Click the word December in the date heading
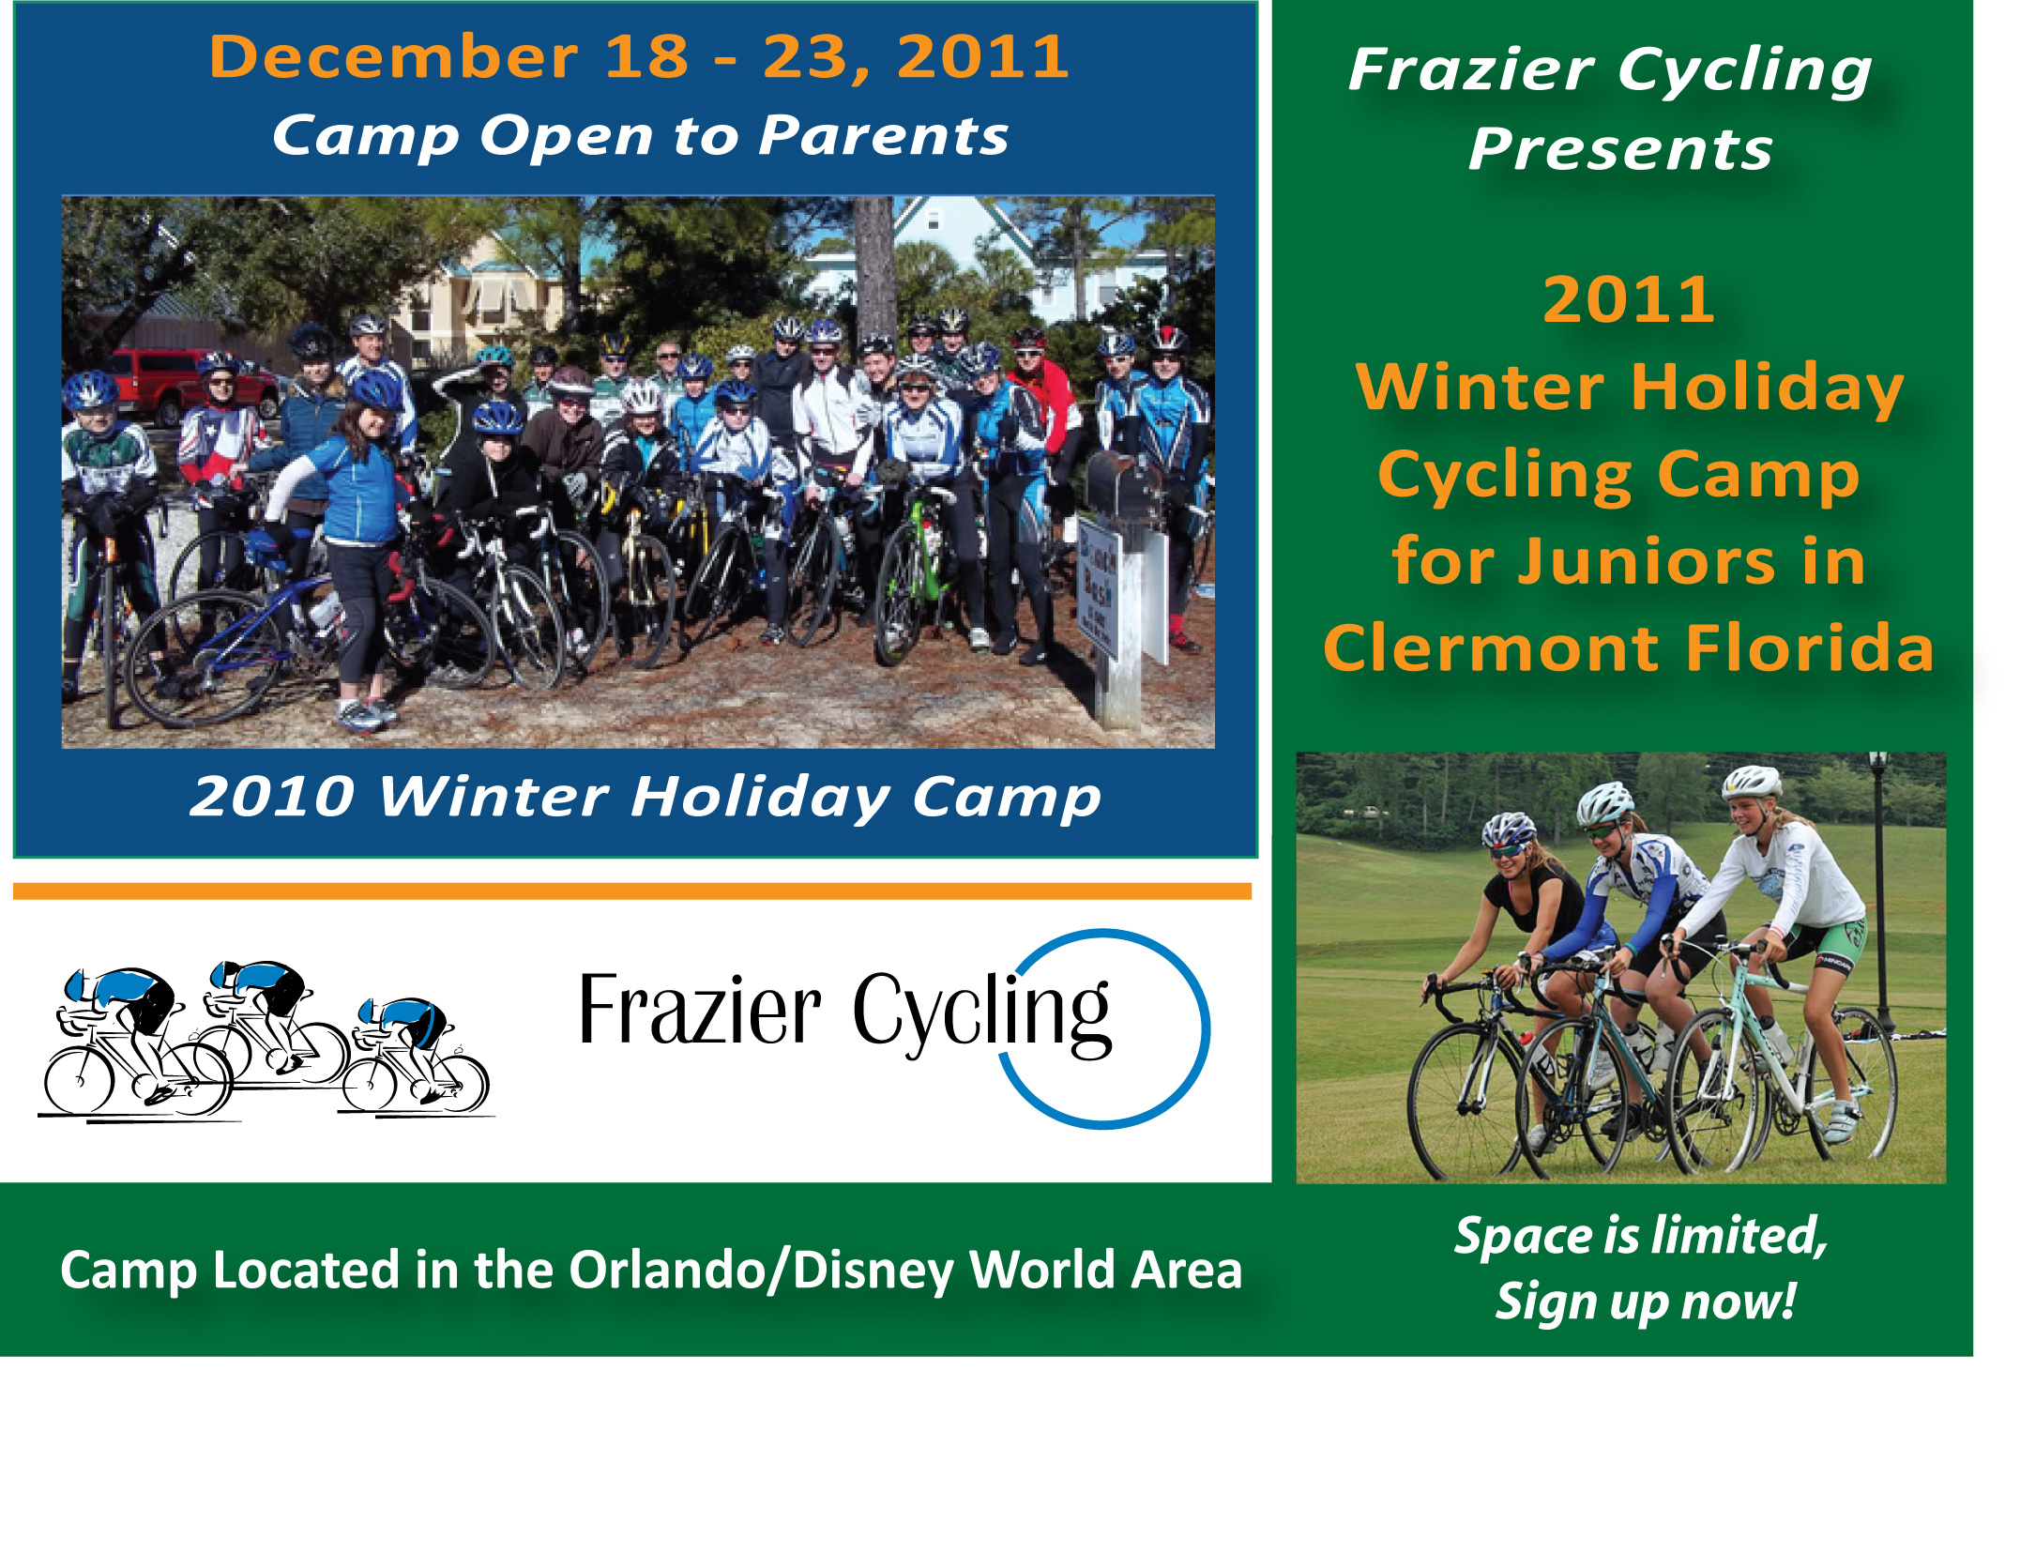click(x=394, y=57)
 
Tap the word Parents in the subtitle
click(x=883, y=136)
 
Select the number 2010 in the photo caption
click(x=272, y=797)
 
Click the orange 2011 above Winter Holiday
click(x=1629, y=300)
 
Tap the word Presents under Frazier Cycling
click(x=1620, y=150)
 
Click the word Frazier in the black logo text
click(x=700, y=1011)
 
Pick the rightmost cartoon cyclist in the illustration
click(x=418, y=1056)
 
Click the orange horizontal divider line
click(x=632, y=891)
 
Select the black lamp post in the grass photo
click(x=1879, y=891)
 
